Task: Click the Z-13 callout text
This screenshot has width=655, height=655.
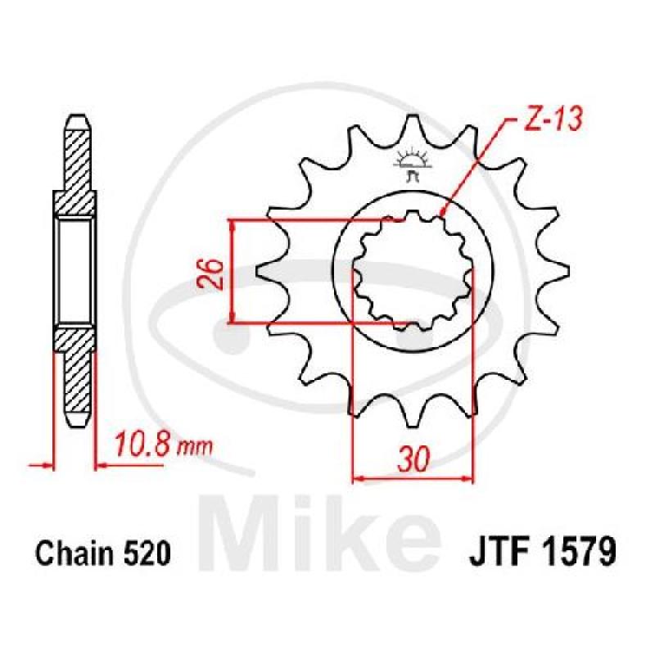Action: pyautogui.click(x=549, y=120)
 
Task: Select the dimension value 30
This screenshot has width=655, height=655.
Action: pyautogui.click(x=413, y=458)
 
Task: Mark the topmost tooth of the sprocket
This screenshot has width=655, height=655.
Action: pyautogui.click(x=413, y=122)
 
